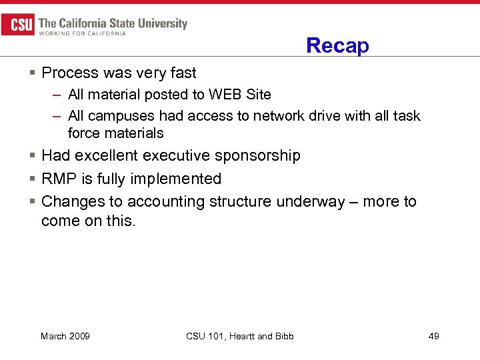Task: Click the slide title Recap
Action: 337,46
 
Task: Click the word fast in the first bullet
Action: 183,72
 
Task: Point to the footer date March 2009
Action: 65,336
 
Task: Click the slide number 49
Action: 433,336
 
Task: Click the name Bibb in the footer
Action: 283,336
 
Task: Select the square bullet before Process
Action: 33,73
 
